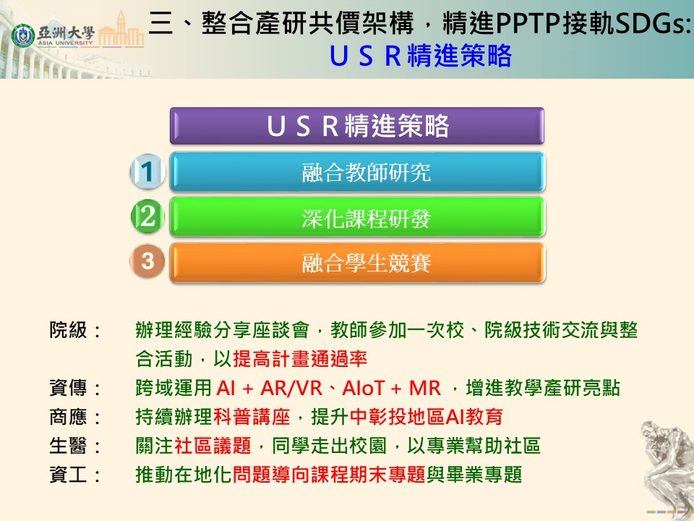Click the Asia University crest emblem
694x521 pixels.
coord(22,35)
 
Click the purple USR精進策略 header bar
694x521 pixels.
coord(356,126)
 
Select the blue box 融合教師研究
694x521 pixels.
coord(357,172)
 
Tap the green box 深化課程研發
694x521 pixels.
coord(357,217)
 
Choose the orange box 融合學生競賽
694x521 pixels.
coord(357,263)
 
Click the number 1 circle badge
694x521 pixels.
coord(147,171)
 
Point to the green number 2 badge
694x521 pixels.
coord(147,216)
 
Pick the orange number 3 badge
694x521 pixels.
coord(147,261)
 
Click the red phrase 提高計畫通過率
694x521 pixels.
coord(300,359)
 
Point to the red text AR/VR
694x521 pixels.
coord(291,389)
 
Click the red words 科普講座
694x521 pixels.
coord(252,417)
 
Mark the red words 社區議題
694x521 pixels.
coord(213,446)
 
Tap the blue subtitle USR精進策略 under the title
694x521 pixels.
coord(421,56)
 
